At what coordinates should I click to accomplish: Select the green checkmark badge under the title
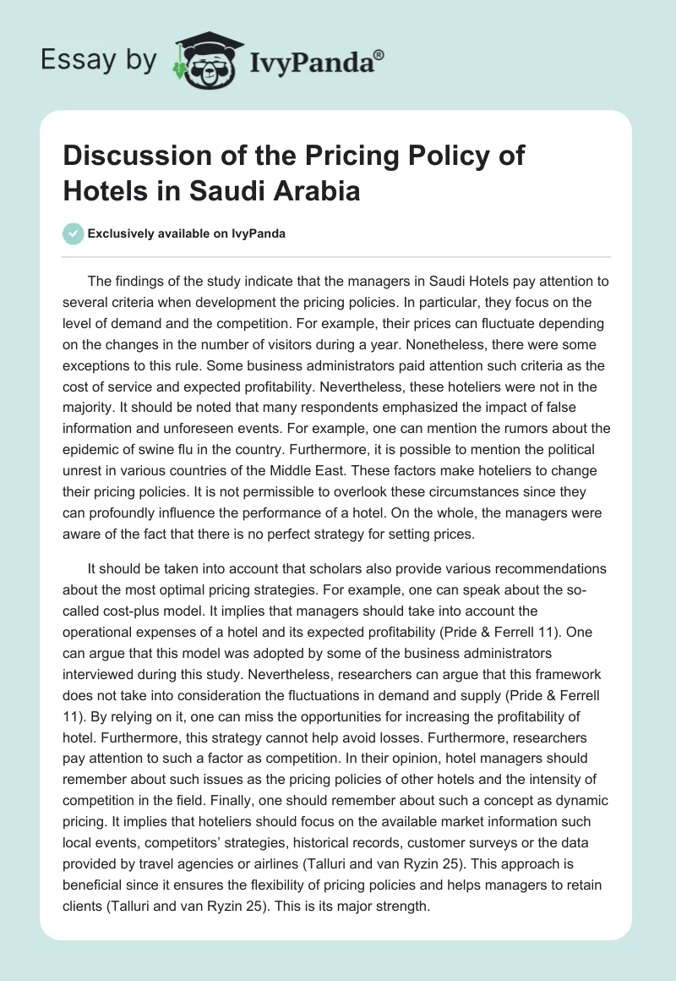[x=73, y=233]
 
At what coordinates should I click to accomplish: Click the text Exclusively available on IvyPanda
[x=186, y=233]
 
